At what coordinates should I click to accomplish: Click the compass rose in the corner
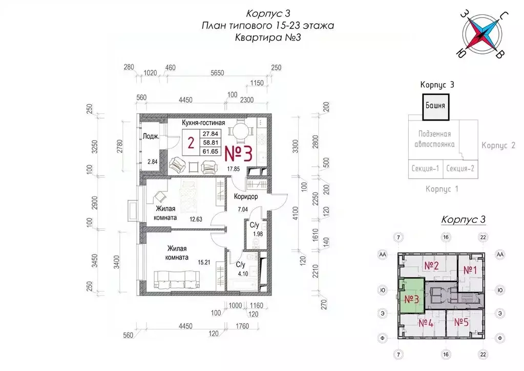(481, 35)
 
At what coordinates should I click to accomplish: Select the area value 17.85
(234, 168)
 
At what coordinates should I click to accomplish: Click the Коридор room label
(245, 197)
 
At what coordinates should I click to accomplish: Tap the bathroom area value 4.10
(242, 274)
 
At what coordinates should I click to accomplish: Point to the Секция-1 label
(425, 168)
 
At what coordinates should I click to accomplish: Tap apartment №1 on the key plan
(470, 270)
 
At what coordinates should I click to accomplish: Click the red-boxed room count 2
(191, 144)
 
